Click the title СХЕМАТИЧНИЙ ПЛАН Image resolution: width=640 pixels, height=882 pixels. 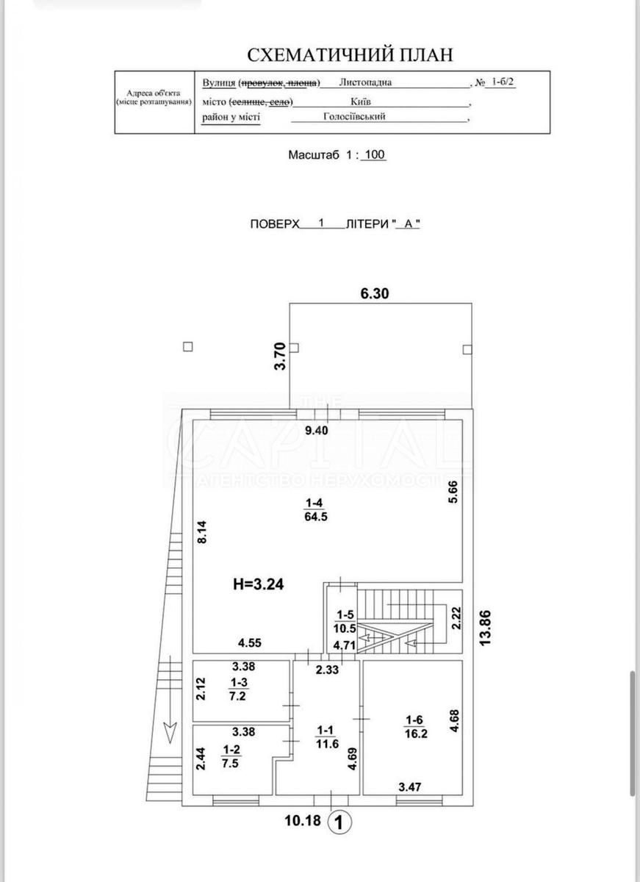click(350, 54)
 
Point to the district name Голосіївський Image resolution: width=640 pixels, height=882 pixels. click(355, 116)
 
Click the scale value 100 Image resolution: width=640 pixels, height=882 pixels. click(375, 155)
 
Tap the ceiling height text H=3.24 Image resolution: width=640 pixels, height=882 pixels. click(257, 585)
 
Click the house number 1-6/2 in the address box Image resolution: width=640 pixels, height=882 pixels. click(504, 83)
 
